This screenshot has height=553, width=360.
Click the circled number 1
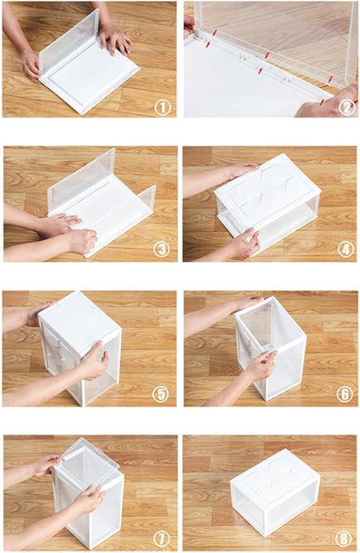pos(163,106)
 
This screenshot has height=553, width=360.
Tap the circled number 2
pos(347,106)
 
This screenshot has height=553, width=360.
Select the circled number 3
pos(162,249)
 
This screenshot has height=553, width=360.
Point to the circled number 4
pos(345,249)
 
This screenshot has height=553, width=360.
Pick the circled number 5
pos(161,394)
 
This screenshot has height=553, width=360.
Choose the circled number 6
pos(344,394)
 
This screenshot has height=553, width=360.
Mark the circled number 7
pos(162,538)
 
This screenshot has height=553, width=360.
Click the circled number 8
pos(344,538)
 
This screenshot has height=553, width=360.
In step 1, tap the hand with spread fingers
pos(114,38)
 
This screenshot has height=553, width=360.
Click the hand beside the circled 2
pos(326,102)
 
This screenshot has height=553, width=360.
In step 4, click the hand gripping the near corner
pos(246,243)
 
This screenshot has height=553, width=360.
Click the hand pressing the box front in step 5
pos(93,362)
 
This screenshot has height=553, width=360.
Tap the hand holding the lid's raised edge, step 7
pos(47,465)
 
